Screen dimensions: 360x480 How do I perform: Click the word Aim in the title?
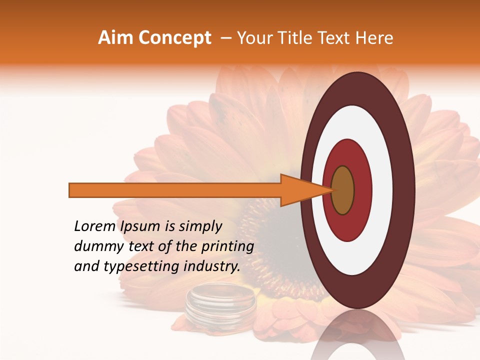113,38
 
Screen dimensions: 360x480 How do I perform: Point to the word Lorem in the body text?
95,226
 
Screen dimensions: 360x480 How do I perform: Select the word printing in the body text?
227,247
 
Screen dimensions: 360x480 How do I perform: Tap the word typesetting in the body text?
131,267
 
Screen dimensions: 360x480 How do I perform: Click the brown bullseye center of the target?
342,190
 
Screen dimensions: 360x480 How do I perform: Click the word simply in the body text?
199,227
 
